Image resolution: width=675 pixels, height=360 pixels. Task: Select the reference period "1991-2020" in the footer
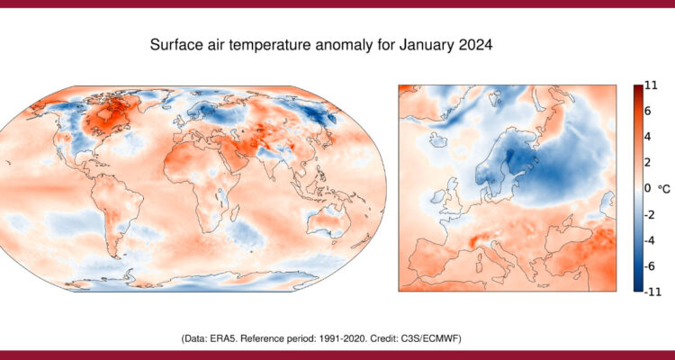[x=355, y=337]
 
